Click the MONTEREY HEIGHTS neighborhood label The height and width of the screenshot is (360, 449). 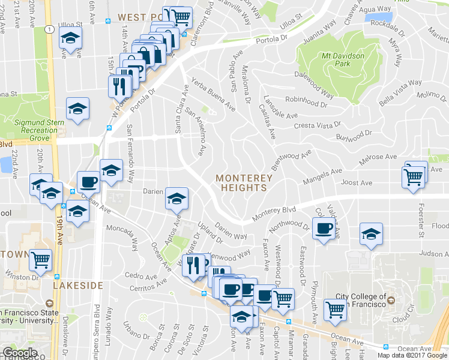[x=244, y=182]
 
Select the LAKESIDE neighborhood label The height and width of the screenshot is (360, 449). [x=77, y=286]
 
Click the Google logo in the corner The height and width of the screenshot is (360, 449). [x=20, y=353]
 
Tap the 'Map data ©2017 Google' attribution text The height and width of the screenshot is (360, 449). [x=412, y=355]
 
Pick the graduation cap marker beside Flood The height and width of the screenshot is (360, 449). [x=371, y=234]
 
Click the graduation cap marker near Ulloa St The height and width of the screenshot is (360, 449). [x=70, y=39]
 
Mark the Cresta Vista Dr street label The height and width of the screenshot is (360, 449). [x=318, y=124]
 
